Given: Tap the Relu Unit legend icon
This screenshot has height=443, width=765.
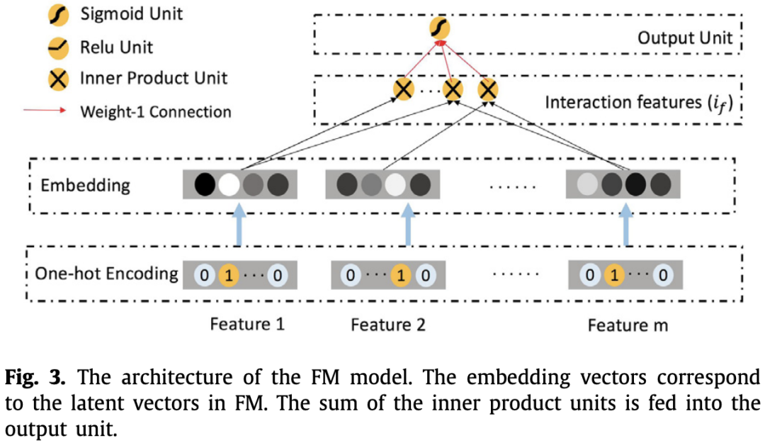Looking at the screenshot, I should (x=58, y=47).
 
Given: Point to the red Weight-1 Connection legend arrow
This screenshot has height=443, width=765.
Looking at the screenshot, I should (x=46, y=111).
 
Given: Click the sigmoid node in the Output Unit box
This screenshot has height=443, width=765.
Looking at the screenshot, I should (x=440, y=29).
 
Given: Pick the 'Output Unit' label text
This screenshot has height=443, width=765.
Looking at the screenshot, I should (x=684, y=37).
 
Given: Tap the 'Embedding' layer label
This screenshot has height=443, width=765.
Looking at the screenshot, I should (x=85, y=186).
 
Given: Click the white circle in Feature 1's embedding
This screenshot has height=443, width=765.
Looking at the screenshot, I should (x=228, y=184).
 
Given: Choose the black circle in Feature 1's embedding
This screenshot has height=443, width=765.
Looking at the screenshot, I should (x=204, y=184).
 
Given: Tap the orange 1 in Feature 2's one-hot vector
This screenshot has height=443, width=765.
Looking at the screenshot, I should (x=401, y=274).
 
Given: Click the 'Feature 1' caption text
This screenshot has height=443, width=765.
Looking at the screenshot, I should (x=247, y=325).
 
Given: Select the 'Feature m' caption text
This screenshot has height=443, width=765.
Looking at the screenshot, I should (x=628, y=325).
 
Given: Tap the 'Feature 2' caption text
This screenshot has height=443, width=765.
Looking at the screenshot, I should (x=388, y=325).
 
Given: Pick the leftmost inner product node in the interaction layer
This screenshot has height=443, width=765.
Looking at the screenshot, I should (x=404, y=89).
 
